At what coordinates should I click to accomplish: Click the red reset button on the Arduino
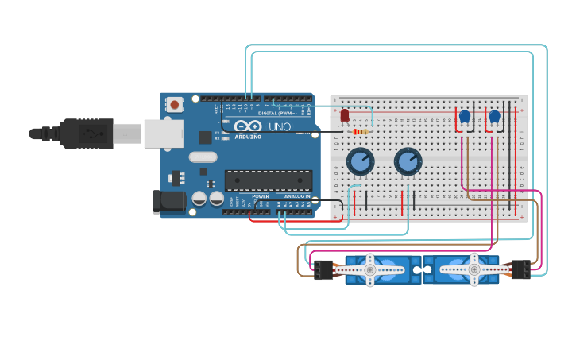click(x=174, y=104)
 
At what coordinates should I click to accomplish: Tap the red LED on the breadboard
click(x=345, y=116)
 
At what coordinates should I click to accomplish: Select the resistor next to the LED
click(x=361, y=131)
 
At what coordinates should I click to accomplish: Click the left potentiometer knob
click(x=359, y=161)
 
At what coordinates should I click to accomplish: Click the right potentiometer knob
click(x=408, y=161)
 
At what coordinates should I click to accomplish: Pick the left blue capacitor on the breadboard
click(x=465, y=117)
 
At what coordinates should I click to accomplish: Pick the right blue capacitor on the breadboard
click(x=494, y=117)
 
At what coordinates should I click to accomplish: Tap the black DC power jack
click(x=168, y=201)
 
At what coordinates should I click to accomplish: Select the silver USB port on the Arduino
click(x=164, y=134)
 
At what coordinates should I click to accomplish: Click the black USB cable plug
click(x=87, y=134)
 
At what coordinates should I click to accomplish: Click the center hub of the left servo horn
click(x=369, y=270)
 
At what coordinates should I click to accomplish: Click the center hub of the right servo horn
click(x=474, y=270)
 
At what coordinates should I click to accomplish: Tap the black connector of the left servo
click(x=323, y=270)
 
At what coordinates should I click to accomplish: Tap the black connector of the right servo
click(x=520, y=270)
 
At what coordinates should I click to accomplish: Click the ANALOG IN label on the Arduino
click(x=297, y=196)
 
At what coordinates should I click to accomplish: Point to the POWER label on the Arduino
click(x=260, y=196)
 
